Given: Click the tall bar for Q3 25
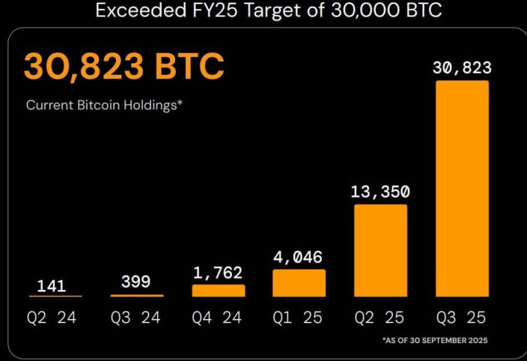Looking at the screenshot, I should [462, 188].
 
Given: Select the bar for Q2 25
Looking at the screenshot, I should [381, 250].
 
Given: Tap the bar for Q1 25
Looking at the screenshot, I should [299, 283].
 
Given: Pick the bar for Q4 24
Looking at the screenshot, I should [218, 290].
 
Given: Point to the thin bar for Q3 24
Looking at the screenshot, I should [137, 296].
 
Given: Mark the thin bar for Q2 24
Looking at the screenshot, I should [56, 296].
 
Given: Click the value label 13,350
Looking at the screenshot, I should [381, 192].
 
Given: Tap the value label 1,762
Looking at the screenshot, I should [218, 272].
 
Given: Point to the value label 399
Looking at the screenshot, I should [137, 282].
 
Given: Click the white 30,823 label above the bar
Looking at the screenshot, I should [462, 67].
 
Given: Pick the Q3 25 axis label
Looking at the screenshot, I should [462, 318].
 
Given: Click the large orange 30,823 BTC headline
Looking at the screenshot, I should [124, 67].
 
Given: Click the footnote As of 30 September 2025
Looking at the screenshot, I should [436, 340].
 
